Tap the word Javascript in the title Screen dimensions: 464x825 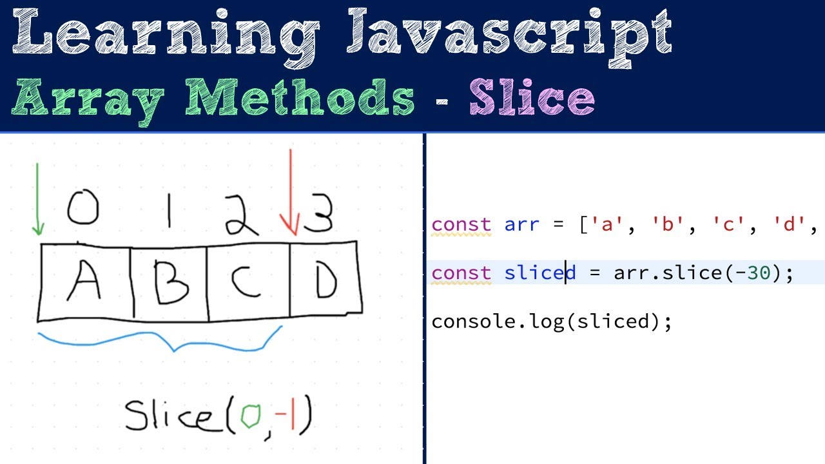coord(509,32)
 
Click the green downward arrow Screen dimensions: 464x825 coord(38,200)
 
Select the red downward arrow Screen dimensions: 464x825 coord(291,193)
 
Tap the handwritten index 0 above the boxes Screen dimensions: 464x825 coord(83,207)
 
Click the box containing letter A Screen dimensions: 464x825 coord(85,282)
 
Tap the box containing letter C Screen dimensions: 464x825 coord(248,282)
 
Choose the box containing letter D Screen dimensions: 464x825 coord(325,282)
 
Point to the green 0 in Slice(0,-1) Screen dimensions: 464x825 coord(251,417)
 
